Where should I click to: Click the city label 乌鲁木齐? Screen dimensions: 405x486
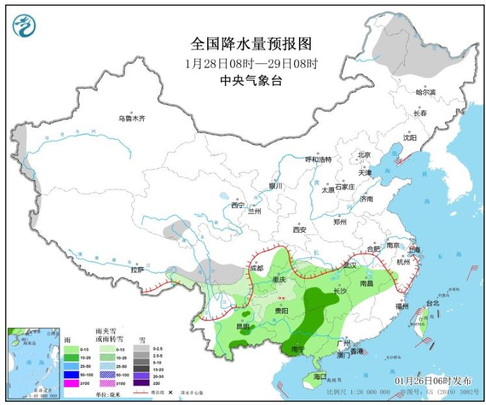(x=132, y=118)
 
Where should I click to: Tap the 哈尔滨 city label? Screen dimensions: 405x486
(x=426, y=92)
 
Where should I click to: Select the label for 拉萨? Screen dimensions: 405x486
(x=137, y=269)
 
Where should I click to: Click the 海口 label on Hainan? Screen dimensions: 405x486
(x=319, y=376)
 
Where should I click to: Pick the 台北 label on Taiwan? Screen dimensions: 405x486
(x=432, y=303)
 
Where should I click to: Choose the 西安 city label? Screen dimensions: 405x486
(x=299, y=229)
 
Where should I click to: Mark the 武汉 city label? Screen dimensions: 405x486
(x=351, y=265)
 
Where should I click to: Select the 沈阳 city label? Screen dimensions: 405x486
(x=409, y=137)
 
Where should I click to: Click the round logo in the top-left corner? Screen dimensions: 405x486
(x=25, y=25)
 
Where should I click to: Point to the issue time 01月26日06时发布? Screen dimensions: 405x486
(x=433, y=380)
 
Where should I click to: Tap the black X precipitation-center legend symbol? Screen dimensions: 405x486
(x=170, y=393)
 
